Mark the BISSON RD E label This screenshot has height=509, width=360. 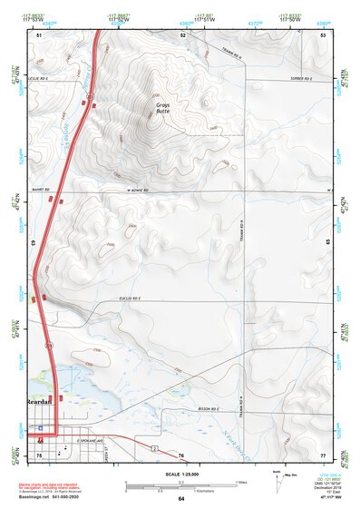pyautogui.click(x=209, y=409)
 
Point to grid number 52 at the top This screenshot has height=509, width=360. pyautogui.click(x=183, y=34)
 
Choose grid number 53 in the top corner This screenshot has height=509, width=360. pyautogui.click(x=323, y=34)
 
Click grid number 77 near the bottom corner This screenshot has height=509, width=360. pyautogui.click(x=323, y=454)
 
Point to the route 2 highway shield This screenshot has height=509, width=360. pyautogui.click(x=155, y=447)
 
